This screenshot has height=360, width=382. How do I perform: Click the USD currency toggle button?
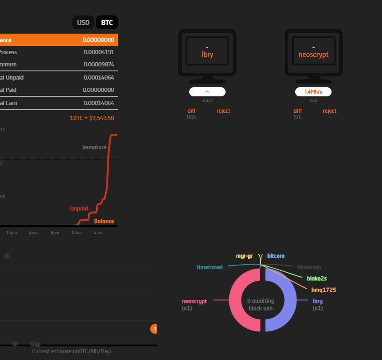pos(83,22)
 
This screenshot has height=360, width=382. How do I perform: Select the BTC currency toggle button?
pos(107,22)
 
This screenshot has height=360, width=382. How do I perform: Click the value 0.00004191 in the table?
pos(99,52)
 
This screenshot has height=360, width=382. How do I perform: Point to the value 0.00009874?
pos(99,65)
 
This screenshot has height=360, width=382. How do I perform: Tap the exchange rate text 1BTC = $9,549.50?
pos(92,118)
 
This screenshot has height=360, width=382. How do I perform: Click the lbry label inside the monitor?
pos(207,55)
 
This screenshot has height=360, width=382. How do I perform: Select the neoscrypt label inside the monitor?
pos(313,55)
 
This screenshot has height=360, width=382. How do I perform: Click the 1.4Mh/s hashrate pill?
pos(313,92)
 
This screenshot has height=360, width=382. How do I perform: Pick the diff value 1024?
pos(191,117)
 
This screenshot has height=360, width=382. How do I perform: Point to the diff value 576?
pos(297,117)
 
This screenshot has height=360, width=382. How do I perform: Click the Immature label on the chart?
pos(94,147)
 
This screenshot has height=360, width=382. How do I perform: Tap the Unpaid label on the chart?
pos(79,209)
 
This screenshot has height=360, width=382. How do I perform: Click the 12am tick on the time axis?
pos(76,233)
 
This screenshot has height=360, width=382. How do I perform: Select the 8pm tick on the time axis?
pos(55,233)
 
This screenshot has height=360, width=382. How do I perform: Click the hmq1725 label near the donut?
pos(323,290)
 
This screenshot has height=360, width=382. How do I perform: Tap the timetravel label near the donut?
pos(210,267)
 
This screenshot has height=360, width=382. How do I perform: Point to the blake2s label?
pos(317,279)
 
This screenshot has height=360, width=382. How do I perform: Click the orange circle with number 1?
pos(154,329)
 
